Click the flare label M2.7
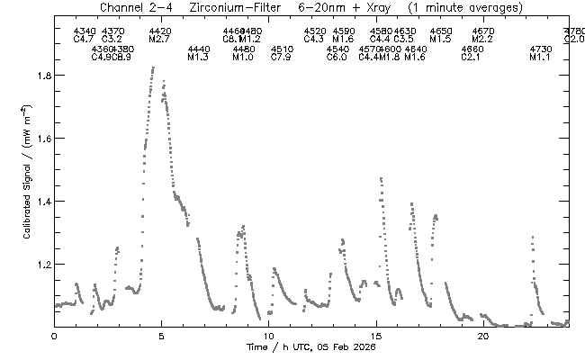pos(159,40)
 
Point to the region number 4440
pos(198,49)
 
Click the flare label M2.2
pos(482,40)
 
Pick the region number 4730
pos(540,49)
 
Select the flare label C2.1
pos(471,58)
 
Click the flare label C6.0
pos(337,58)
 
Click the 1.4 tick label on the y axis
pos(39,202)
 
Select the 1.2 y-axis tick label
pos(39,265)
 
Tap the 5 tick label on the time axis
pos(161,335)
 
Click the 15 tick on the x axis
pos(375,326)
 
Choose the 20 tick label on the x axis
pos(482,335)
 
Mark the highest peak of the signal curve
pos(154,67)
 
